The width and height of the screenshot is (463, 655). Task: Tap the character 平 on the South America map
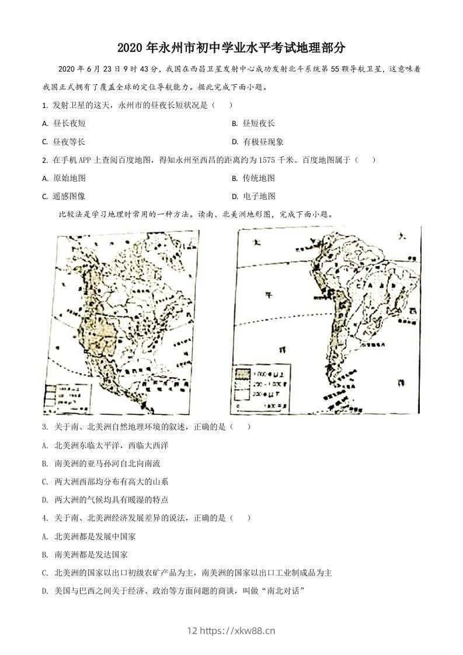(x=268, y=294)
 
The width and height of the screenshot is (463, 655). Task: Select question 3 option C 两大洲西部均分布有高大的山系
(x=111, y=482)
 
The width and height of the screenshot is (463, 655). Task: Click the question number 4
(x=45, y=518)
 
